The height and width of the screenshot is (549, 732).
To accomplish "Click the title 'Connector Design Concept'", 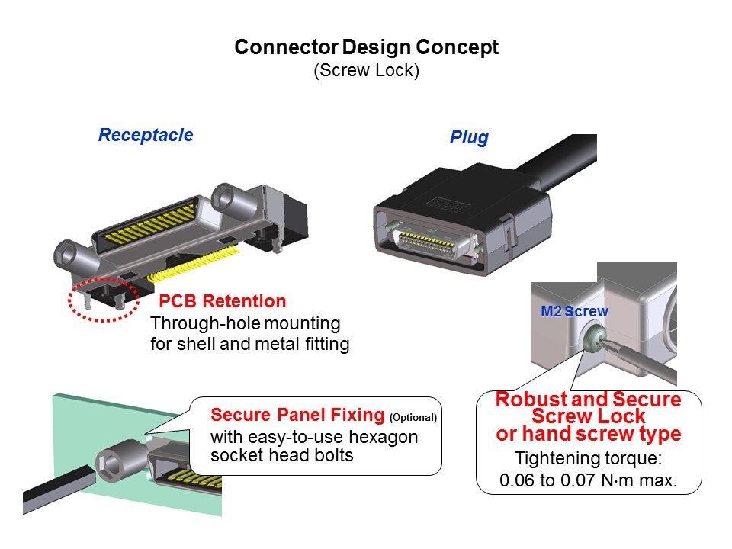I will coord(366,47).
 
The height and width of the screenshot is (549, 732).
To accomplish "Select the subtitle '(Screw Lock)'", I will coord(366,71).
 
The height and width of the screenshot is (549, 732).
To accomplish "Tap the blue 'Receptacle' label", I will coord(145,136).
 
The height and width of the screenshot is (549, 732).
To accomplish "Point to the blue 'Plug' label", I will coord(469,139).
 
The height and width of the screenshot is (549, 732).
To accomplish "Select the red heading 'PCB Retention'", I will coord(223,301).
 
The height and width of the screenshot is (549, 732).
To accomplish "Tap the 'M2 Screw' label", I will coord(574,312).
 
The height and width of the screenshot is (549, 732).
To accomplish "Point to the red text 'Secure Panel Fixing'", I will coord(298,416).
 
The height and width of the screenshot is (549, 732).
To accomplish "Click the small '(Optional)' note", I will coord(413,418).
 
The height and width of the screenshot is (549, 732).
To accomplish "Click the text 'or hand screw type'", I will coord(588,435).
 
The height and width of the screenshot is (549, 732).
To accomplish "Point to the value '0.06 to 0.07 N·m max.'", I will coord(588,481).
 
